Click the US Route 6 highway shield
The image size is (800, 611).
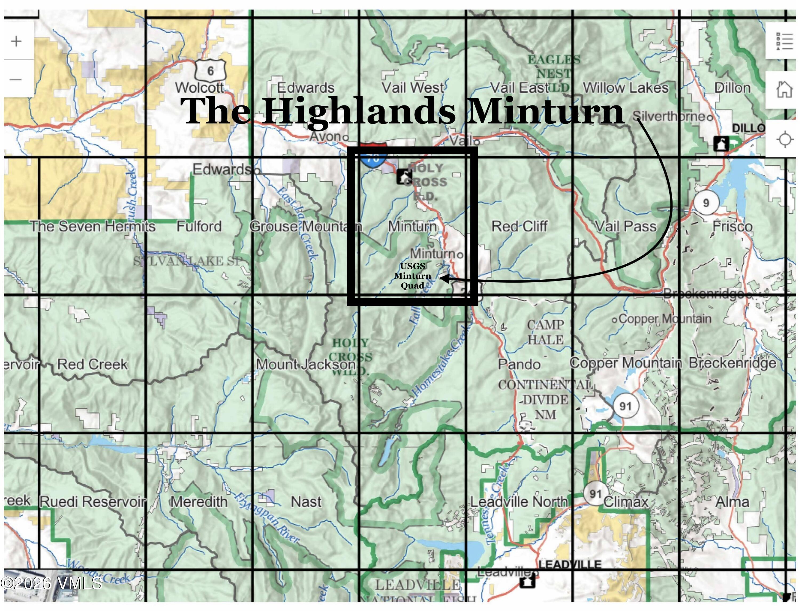(x=210, y=71)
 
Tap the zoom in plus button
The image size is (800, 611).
(x=16, y=41)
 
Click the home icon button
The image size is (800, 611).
(x=784, y=89)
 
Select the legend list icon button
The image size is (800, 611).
(x=784, y=41)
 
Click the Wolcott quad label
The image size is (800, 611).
(x=199, y=88)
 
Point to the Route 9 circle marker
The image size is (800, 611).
(x=706, y=203)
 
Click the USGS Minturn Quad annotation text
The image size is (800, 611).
(x=413, y=276)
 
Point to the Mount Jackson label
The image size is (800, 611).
(x=306, y=364)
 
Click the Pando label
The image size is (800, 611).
(x=519, y=364)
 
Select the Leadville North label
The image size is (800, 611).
(x=519, y=502)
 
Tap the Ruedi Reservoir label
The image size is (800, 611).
(x=93, y=502)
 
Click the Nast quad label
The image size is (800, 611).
(x=306, y=502)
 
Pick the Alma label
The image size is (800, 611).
(x=732, y=502)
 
